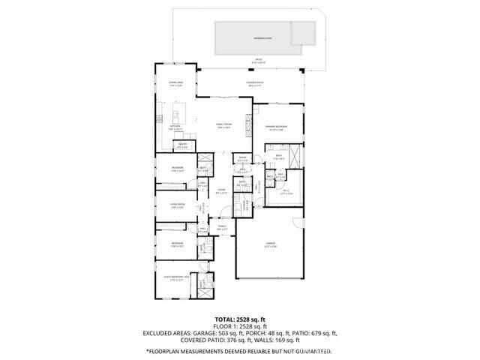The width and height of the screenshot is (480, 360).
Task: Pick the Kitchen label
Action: [x=175, y=128]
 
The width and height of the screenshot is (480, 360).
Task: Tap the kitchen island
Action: [x=178, y=114]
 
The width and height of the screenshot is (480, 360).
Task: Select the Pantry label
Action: [x=182, y=145]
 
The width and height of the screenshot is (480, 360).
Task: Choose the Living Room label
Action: [x=177, y=205]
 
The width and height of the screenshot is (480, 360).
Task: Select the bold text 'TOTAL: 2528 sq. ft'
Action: [x=240, y=318]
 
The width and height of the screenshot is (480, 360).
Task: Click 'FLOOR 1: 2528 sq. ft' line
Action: [x=240, y=325]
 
